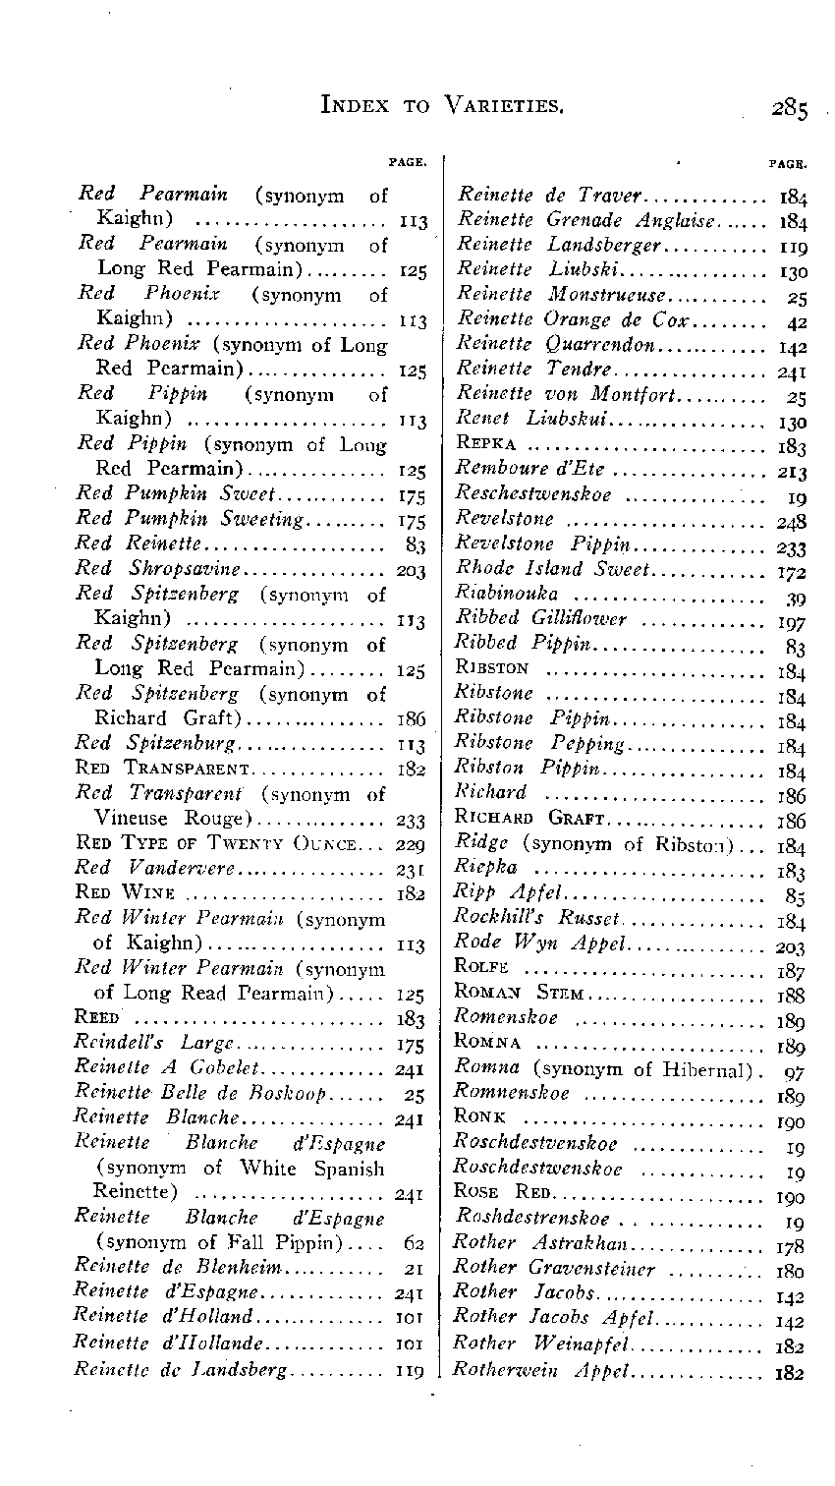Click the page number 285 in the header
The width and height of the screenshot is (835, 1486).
[x=790, y=106]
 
